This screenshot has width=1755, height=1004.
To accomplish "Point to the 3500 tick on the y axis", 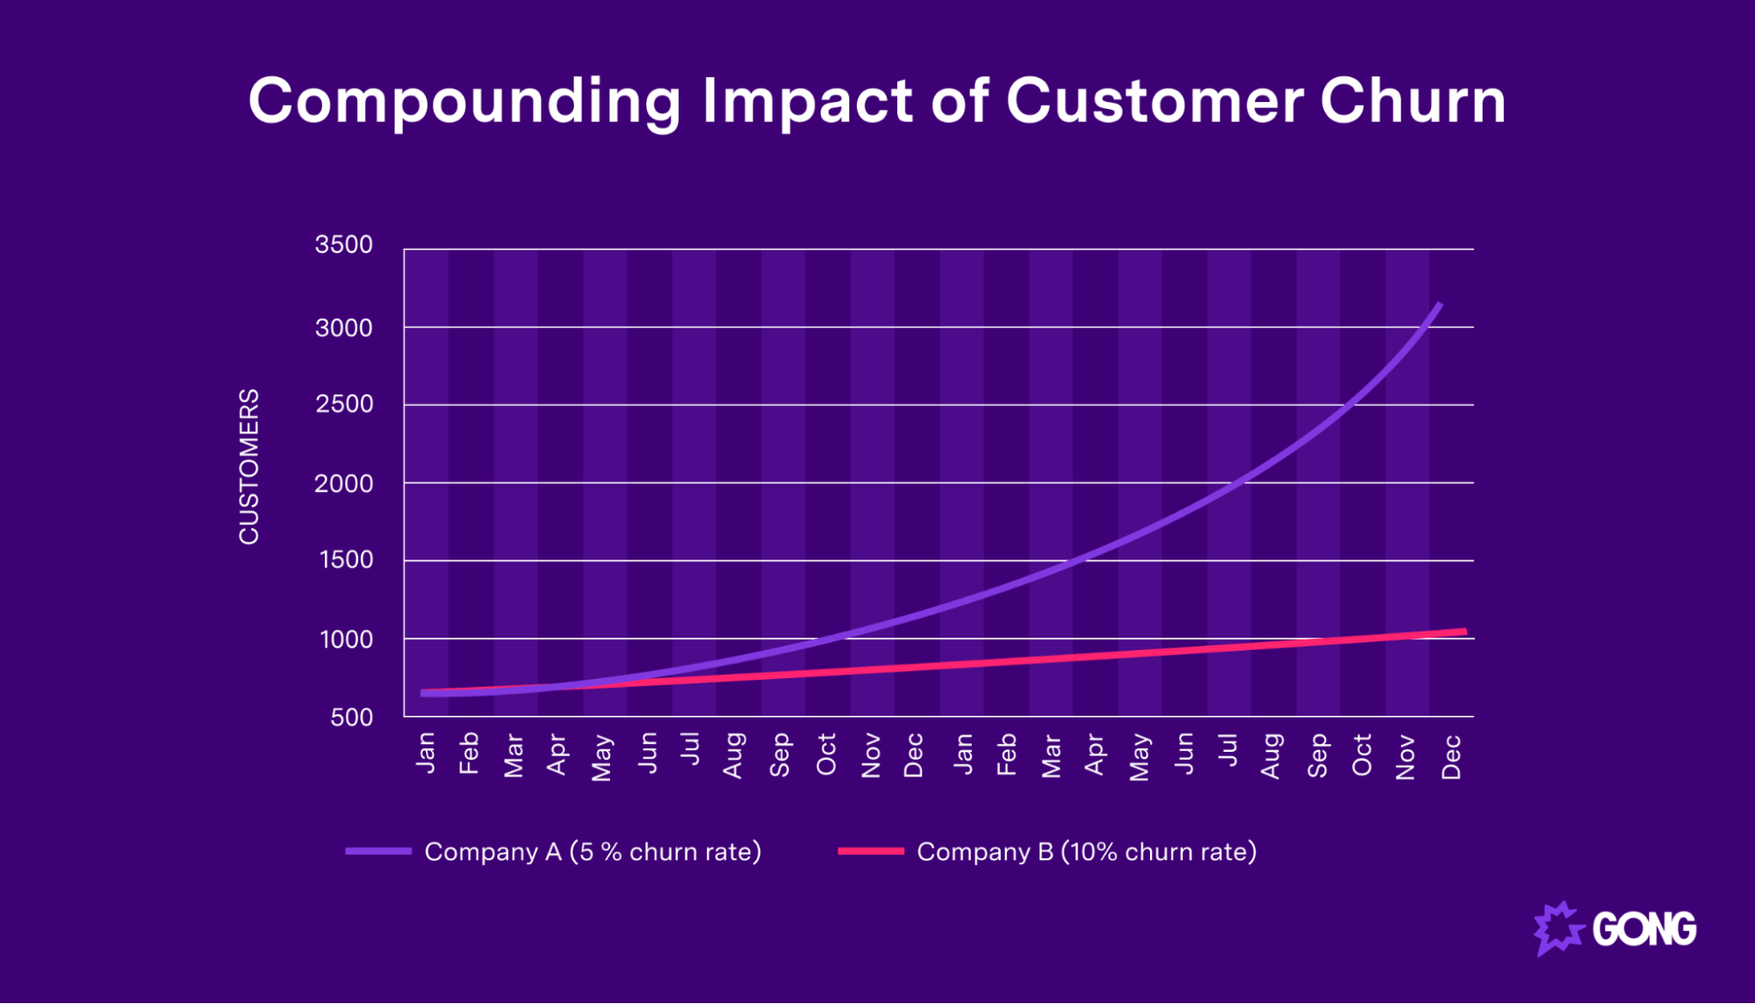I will pos(343,245).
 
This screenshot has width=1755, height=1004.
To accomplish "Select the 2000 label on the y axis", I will pos(343,484).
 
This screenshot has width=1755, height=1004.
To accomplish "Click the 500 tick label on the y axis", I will pos(351,718).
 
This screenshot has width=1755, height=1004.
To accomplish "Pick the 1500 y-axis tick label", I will pos(346,560).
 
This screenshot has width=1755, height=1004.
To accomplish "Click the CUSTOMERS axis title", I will pos(249,466).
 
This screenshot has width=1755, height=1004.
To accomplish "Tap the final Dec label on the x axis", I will pos(1451,756).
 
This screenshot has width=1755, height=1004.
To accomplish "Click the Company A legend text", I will pos(593,852).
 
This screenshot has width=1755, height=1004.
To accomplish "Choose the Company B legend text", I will pos(1086,852).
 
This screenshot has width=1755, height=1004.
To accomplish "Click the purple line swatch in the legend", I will pos(378,851).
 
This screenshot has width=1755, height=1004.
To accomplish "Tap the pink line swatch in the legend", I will pos(870,851).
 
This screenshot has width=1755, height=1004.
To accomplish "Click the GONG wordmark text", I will pos(1644,929).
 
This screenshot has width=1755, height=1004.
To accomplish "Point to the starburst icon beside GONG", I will pos(1558,928).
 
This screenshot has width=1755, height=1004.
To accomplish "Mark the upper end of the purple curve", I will pos(1439,305).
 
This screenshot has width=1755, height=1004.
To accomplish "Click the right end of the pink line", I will pos(1464,632).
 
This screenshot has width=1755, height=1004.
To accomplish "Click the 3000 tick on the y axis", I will pos(343,329).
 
